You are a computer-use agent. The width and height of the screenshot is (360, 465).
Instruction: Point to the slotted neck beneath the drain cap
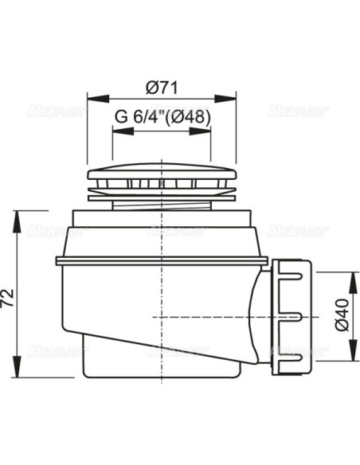[162, 195]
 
